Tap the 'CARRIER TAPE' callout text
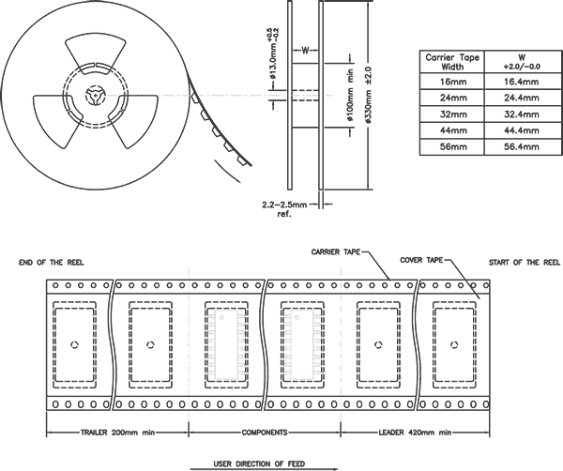pyautogui.click(x=339, y=252)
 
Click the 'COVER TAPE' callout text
pyautogui.click(x=424, y=259)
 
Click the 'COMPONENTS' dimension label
pyautogui.click(x=265, y=433)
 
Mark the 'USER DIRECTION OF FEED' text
pyautogui.click(x=265, y=463)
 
